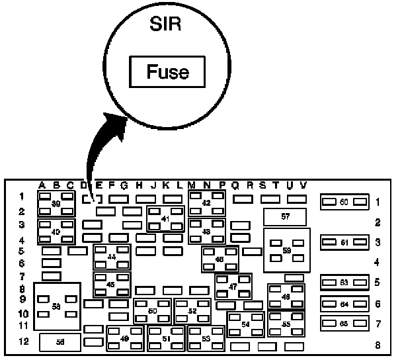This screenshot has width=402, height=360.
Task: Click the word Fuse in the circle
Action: pyautogui.click(x=167, y=71)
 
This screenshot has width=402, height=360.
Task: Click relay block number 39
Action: pyautogui.click(x=56, y=204)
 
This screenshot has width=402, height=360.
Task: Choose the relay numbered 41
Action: pyautogui.click(x=165, y=219)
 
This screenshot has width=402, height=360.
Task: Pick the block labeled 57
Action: pyautogui.click(x=285, y=216)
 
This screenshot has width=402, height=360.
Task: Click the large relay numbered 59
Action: pyautogui.click(x=286, y=250)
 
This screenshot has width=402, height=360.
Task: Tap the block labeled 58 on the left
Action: pyautogui.click(x=56, y=306)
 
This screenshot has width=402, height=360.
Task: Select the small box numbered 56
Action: pyautogui.click(x=60, y=341)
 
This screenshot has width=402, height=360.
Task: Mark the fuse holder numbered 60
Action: pyautogui.click(x=343, y=201)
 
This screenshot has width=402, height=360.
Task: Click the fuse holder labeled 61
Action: pyautogui.click(x=343, y=243)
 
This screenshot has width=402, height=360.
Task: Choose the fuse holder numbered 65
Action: pyautogui.click(x=343, y=324)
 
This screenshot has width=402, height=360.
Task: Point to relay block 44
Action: pyautogui.click(x=111, y=257)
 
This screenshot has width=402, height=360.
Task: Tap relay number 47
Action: pyautogui.click(x=233, y=286)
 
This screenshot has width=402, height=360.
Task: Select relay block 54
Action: pyautogui.click(x=245, y=324)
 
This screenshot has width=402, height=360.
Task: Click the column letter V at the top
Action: pyautogui.click(x=303, y=185)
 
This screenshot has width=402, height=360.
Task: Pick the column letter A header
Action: pyautogui.click(x=42, y=185)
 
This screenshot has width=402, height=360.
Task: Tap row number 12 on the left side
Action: pyautogui.click(x=23, y=341)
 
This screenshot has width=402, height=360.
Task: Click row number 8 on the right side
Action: pyautogui.click(x=378, y=344)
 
